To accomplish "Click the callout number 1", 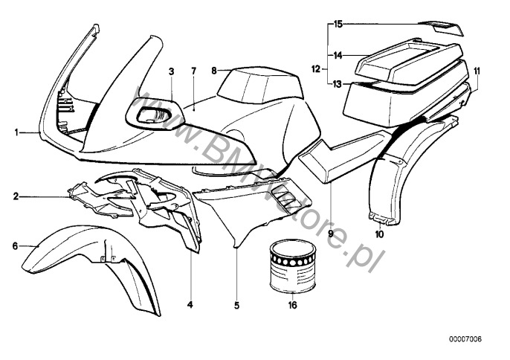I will pyautogui.click(x=16, y=132).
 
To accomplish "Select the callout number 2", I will pyautogui.click(x=16, y=197).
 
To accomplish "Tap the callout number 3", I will pyautogui.click(x=171, y=72).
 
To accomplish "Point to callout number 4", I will pyautogui.click(x=189, y=305).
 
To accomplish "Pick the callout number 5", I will pyautogui.click(x=237, y=305).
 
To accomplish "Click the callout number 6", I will pyautogui.click(x=16, y=245).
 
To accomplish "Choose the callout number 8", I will pyautogui.click(x=214, y=71).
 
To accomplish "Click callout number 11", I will pyautogui.click(x=477, y=71).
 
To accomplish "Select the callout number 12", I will pyautogui.click(x=315, y=69).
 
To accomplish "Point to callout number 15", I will pyautogui.click(x=338, y=25).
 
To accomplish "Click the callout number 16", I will pyautogui.click(x=292, y=305).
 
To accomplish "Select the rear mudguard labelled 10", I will pyautogui.click(x=387, y=179).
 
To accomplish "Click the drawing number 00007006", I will pyautogui.click(x=465, y=339).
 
